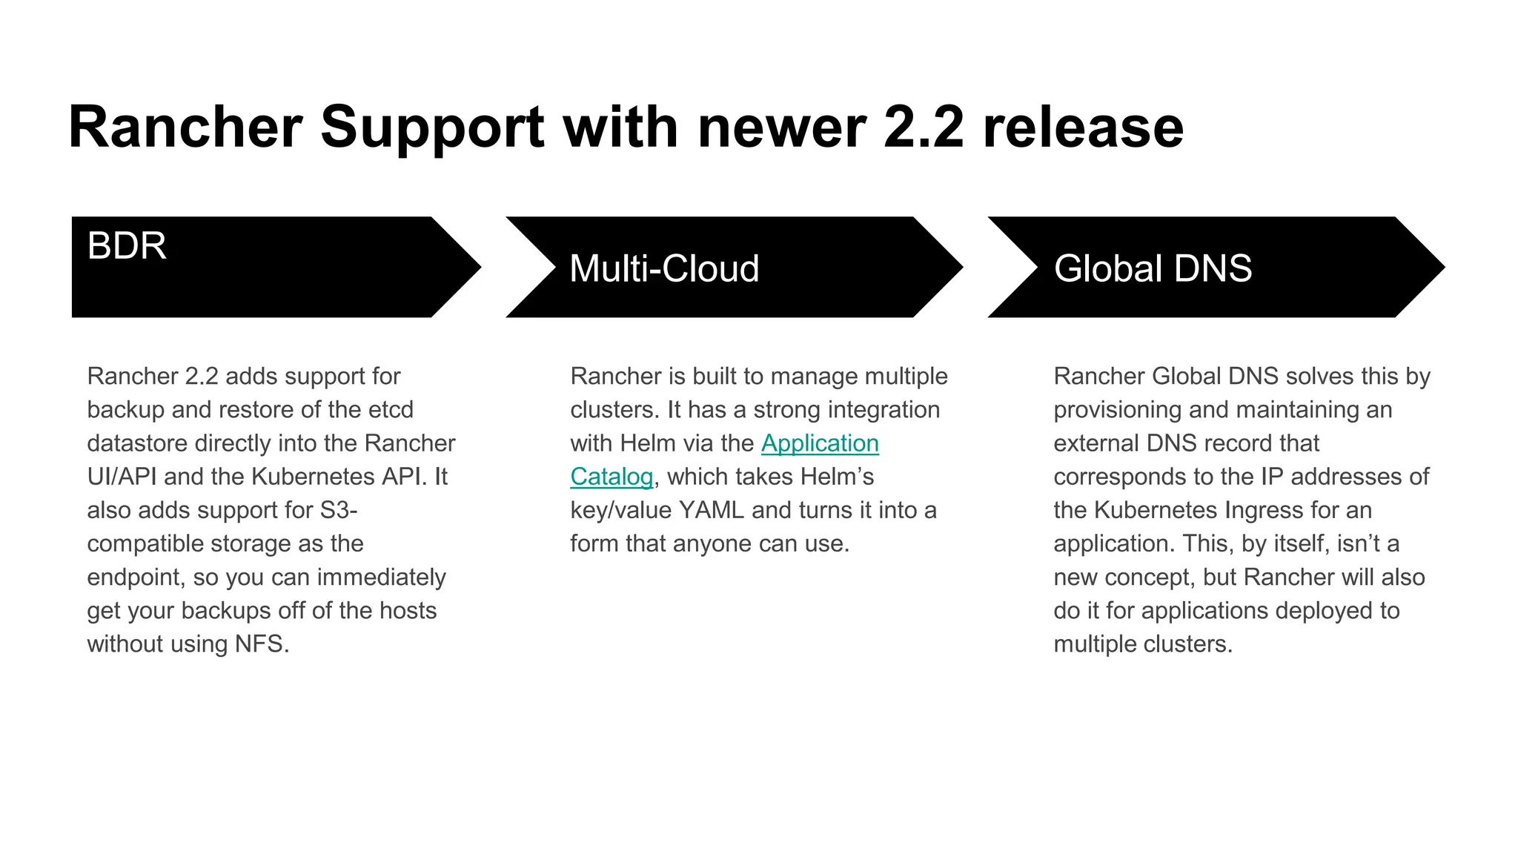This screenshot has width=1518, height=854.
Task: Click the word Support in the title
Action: [432, 128]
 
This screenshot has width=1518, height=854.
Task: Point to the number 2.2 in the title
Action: [924, 128]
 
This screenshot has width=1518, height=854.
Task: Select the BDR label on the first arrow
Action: [127, 245]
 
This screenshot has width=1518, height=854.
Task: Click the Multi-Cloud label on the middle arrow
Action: [664, 268]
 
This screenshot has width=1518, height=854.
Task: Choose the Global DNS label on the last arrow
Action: [1153, 268]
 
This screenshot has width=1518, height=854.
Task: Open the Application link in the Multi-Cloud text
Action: [820, 443]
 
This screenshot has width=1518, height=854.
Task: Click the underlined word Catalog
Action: [611, 477]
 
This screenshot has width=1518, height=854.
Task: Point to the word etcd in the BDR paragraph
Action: [391, 410]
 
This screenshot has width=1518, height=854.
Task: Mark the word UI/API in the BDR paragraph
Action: [122, 477]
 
